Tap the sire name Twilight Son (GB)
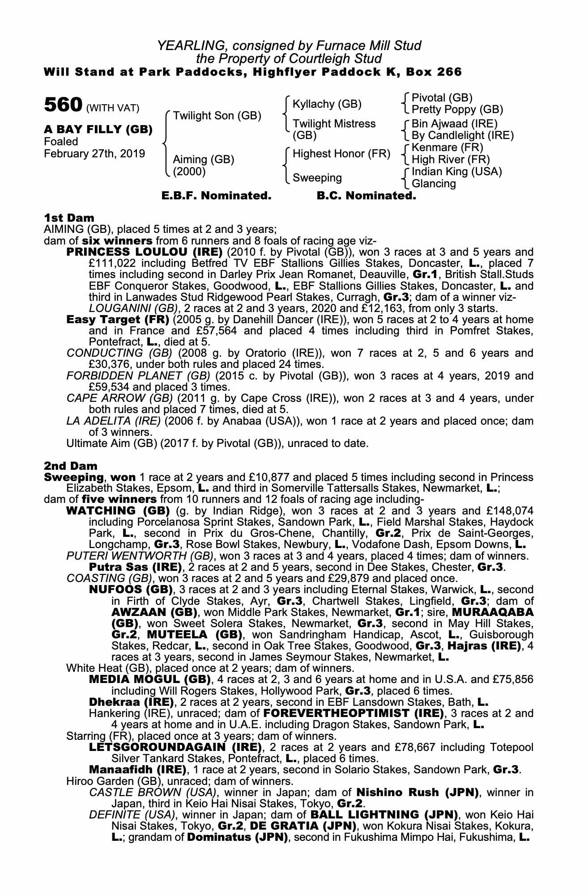217,116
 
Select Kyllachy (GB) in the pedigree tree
327,104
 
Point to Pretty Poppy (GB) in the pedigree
457,110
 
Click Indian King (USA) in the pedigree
456,172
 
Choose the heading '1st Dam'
69,218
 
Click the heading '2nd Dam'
70,466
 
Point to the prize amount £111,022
110,263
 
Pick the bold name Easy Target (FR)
117,320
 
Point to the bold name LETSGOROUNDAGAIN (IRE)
175,747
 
